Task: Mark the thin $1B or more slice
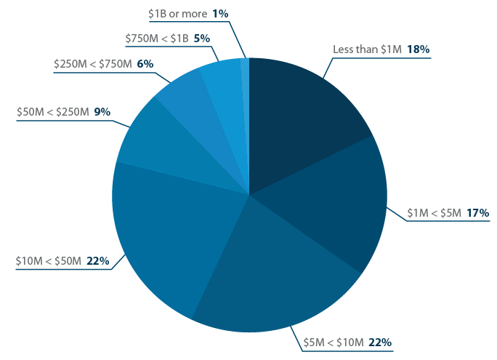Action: (246, 87)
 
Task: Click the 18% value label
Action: (419, 49)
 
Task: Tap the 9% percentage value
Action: (102, 112)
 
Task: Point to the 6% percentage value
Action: (145, 64)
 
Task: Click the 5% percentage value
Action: (201, 38)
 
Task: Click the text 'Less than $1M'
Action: (367, 49)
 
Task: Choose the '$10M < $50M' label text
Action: (47, 260)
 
